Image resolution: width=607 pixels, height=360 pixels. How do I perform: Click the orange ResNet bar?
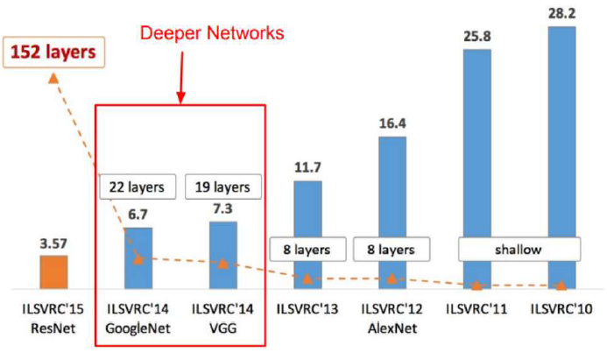(53, 272)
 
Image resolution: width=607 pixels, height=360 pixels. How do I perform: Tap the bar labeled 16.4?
(390, 210)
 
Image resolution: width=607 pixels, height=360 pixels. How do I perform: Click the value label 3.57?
(53, 244)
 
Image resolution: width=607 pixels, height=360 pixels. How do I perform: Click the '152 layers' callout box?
(53, 52)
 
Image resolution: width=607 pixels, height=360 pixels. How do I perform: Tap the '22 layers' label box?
(138, 187)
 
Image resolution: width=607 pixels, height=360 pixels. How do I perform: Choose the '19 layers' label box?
(222, 187)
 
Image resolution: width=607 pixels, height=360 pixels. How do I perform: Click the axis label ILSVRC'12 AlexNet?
(390, 318)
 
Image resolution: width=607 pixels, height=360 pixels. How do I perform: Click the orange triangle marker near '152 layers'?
(53, 78)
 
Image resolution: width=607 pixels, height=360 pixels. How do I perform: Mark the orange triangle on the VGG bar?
(222, 263)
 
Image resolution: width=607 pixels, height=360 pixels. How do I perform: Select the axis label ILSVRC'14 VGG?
(222, 318)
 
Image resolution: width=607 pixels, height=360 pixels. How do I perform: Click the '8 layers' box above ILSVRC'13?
(307, 250)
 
